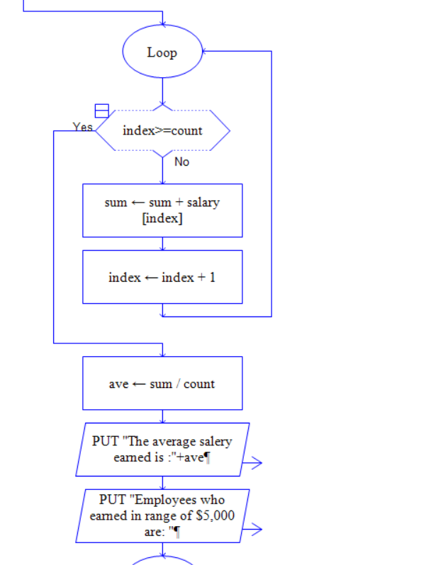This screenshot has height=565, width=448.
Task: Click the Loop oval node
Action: click(x=162, y=52)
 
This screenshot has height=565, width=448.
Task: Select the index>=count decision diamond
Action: click(x=162, y=131)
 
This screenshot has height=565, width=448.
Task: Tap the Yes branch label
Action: click(x=82, y=127)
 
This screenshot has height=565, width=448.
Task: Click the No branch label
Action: click(x=181, y=161)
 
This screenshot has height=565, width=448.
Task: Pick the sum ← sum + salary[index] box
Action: click(x=162, y=210)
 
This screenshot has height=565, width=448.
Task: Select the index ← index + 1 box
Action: click(x=162, y=277)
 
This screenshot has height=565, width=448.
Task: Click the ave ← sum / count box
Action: click(x=162, y=383)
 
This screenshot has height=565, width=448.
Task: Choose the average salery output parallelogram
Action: click(x=162, y=449)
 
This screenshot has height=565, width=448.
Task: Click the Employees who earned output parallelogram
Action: click(x=162, y=515)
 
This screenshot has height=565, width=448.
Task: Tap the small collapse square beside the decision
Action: click(x=102, y=110)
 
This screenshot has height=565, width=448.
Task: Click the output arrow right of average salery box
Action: click(x=252, y=463)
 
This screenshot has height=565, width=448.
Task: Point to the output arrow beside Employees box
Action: click(x=252, y=529)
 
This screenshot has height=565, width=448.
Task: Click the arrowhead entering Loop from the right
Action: click(x=206, y=51)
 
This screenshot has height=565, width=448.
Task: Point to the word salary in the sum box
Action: click(x=203, y=202)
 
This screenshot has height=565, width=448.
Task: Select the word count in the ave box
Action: click(x=199, y=384)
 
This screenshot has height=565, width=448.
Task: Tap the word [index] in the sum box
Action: click(x=162, y=218)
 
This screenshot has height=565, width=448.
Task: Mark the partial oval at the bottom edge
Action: click(x=162, y=560)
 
